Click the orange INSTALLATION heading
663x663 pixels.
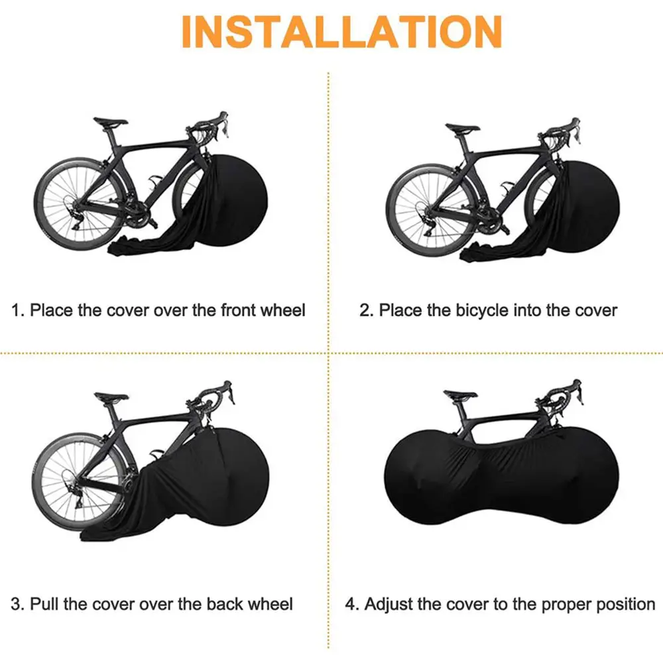(341, 31)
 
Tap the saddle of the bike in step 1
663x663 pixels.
(110, 121)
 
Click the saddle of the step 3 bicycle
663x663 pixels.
(111, 396)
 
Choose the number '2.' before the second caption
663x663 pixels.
(366, 310)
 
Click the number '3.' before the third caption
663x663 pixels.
(18, 604)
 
